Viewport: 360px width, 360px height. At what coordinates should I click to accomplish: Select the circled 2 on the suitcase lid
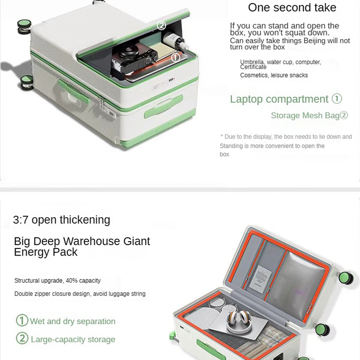tap(162, 25)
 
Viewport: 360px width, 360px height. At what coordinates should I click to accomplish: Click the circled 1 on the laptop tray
tap(175, 58)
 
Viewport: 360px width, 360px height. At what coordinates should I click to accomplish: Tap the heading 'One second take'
tap(292, 7)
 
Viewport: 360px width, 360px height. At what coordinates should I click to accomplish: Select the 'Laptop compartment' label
tap(279, 99)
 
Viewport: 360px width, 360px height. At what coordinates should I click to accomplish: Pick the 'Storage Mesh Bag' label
tap(305, 116)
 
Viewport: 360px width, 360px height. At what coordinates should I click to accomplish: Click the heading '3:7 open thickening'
tap(62, 220)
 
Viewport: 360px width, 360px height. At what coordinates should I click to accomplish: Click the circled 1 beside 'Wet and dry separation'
tap(22, 320)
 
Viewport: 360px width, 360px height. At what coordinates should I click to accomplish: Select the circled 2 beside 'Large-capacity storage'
tap(22, 338)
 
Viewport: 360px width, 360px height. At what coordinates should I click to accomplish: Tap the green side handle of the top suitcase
tap(73, 91)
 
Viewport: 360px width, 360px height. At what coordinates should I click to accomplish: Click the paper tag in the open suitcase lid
tap(261, 279)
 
